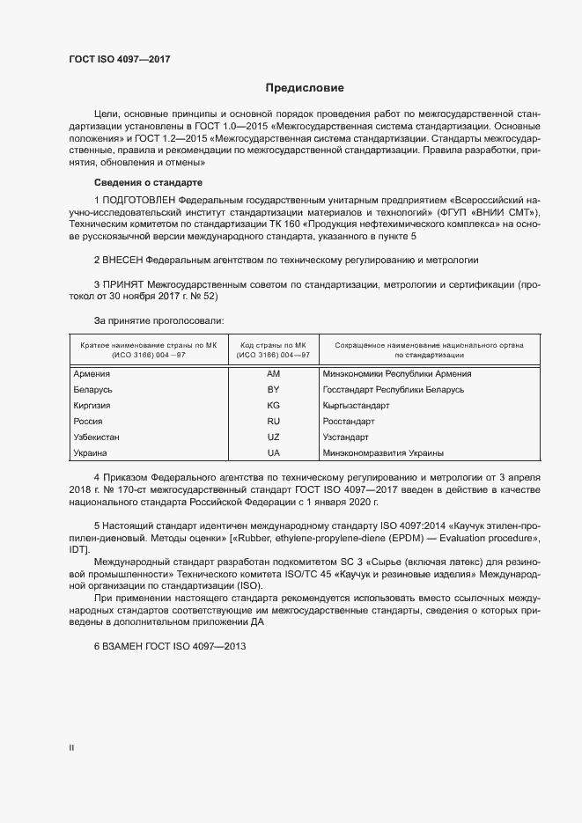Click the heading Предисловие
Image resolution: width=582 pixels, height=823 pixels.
coord(305,88)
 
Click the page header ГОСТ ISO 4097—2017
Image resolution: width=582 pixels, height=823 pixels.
coord(119,59)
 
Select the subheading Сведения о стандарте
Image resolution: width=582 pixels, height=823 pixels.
coord(148,182)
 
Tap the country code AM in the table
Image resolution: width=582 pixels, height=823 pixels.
coord(273,373)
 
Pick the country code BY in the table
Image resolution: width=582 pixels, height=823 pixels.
coord(273,389)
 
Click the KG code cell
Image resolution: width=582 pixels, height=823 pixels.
coord(273,405)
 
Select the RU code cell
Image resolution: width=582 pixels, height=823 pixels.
coord(273,421)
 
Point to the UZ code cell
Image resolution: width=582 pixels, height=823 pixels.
coord(273,437)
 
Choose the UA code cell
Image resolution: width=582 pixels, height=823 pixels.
coord(273,452)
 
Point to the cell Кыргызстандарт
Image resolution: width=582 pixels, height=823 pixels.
coord(357,405)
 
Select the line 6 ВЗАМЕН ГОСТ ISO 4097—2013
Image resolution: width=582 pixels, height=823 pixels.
coord(169,646)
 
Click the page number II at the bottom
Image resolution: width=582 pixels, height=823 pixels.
coord(71,747)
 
